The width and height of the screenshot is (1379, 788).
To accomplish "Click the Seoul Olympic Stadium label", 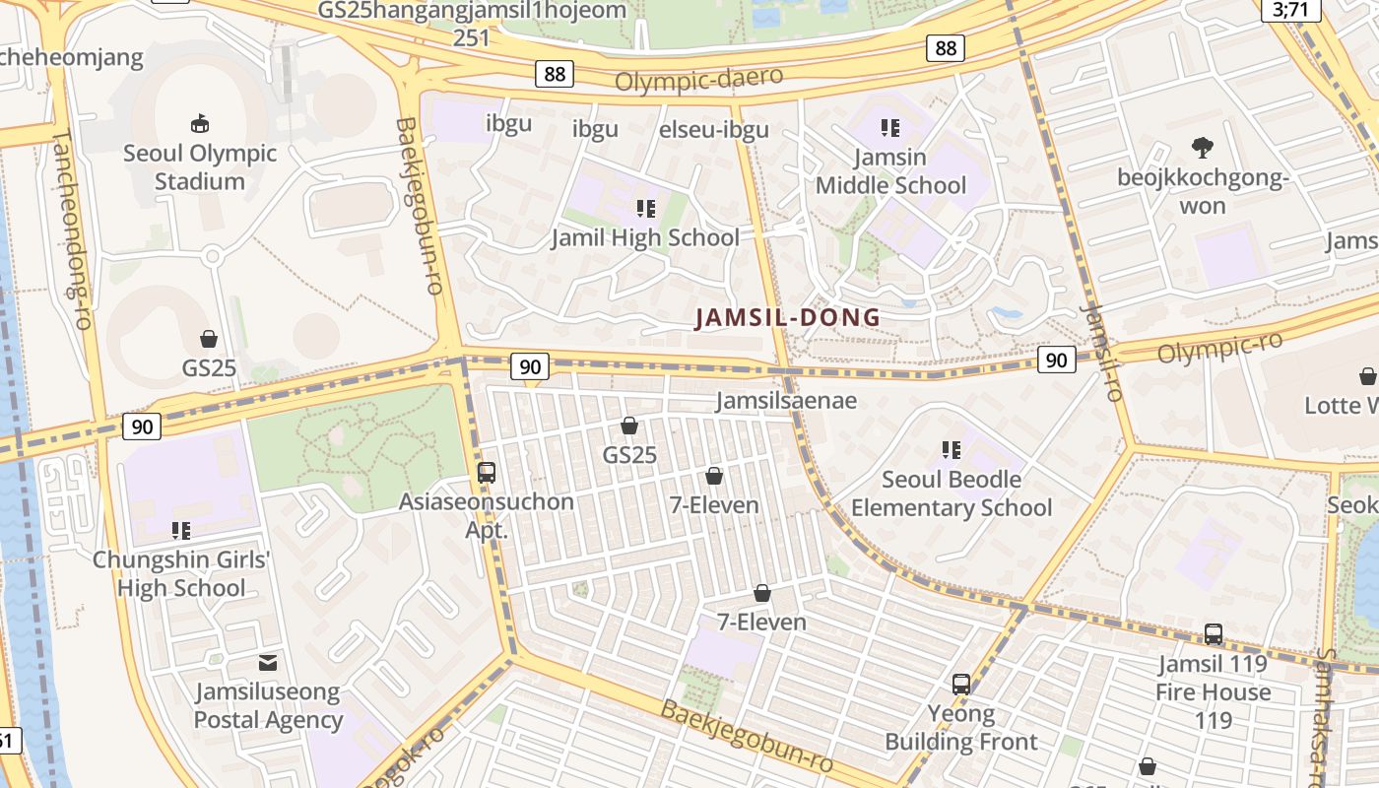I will click(200, 167).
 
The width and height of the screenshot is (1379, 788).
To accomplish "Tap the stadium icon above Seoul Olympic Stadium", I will click(200, 123).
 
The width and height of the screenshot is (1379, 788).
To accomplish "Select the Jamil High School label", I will click(645, 237).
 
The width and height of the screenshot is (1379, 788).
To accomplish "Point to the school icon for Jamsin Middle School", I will click(890, 127).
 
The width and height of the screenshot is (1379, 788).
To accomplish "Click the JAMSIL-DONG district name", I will click(788, 318).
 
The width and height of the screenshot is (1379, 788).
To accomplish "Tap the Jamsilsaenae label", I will click(786, 401).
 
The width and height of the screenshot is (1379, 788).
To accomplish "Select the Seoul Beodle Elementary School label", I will click(952, 493).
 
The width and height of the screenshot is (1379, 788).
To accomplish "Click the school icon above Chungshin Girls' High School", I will click(181, 531).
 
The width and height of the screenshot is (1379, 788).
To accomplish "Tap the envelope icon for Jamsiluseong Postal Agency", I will click(267, 663).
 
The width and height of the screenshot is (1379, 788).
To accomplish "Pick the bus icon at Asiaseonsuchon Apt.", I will click(486, 472).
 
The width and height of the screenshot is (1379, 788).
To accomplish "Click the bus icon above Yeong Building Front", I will click(961, 684).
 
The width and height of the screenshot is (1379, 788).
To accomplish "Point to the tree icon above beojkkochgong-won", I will click(1202, 149).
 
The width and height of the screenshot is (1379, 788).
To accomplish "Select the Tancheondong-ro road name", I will click(72, 216).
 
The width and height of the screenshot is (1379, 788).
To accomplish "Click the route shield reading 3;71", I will click(1290, 10).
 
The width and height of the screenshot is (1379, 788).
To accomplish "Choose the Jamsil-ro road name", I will click(1101, 352).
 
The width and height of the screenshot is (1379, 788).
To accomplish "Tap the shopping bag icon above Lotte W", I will click(1367, 376).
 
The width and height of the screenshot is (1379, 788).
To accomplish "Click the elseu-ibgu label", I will click(713, 130).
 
